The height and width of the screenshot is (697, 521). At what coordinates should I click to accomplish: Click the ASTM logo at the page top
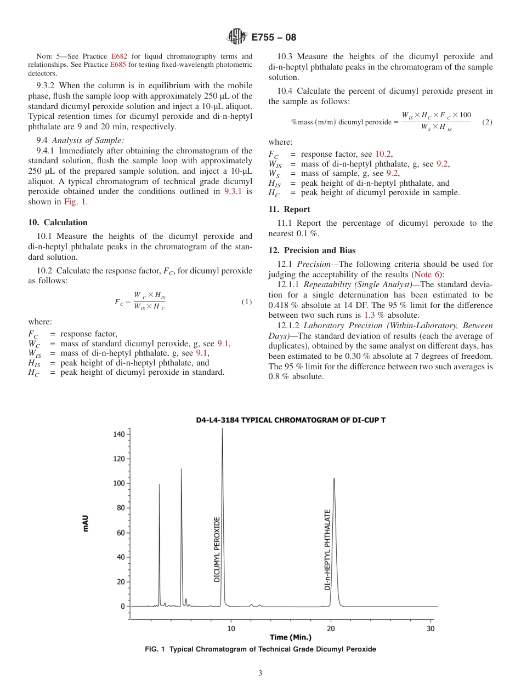(236, 38)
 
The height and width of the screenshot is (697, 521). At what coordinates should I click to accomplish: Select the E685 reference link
(118, 64)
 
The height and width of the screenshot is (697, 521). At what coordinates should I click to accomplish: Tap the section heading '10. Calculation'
(58, 222)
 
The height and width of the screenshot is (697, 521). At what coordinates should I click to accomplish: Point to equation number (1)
(246, 302)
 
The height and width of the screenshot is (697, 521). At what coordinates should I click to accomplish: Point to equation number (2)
(487, 122)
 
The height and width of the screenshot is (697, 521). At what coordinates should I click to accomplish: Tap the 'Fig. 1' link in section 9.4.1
(73, 202)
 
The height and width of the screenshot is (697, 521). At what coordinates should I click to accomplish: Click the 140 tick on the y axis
(119, 434)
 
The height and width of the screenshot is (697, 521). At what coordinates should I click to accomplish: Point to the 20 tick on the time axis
(331, 628)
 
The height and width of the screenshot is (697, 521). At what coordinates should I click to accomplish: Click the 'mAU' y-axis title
(86, 523)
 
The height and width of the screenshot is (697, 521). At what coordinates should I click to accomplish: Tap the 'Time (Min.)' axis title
(291, 637)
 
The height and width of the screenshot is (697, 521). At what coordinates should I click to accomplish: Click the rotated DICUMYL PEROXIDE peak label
(217, 549)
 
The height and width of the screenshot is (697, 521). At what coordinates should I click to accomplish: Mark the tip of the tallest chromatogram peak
(222, 429)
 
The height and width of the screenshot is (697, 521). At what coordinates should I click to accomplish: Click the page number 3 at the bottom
(260, 673)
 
